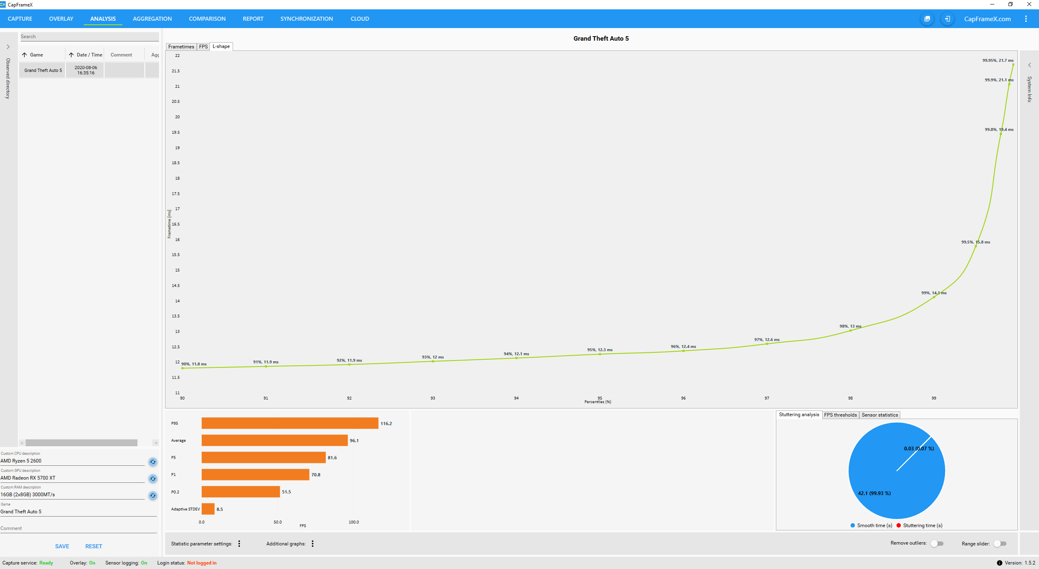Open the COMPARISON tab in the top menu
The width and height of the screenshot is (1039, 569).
[x=207, y=19]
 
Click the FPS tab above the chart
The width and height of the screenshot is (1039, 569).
[x=203, y=47]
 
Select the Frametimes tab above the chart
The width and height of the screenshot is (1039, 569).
[x=181, y=47]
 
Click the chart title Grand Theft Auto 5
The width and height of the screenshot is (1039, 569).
[x=601, y=39]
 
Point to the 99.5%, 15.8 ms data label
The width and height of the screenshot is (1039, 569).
[x=975, y=242]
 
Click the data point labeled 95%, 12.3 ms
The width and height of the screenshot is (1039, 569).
[x=600, y=354]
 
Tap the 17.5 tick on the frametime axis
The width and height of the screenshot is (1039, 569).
[x=176, y=194]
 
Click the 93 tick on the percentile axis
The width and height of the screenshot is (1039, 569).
[x=433, y=398]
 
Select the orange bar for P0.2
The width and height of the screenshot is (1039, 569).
[x=240, y=492]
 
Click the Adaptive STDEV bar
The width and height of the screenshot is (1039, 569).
[x=208, y=509]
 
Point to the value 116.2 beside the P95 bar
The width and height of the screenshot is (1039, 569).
[x=386, y=423]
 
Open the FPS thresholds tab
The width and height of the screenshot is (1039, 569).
[x=840, y=415]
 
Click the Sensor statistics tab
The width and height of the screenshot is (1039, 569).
[x=879, y=415]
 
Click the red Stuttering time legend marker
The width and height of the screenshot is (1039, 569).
[x=899, y=526]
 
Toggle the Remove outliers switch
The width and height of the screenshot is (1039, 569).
[x=937, y=544]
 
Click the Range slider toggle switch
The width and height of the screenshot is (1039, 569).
[x=1000, y=544]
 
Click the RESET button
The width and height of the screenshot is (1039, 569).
[x=94, y=546]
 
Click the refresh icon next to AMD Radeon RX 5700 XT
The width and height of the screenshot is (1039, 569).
[x=153, y=479]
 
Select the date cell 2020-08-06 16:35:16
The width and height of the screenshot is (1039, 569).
[x=85, y=70]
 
